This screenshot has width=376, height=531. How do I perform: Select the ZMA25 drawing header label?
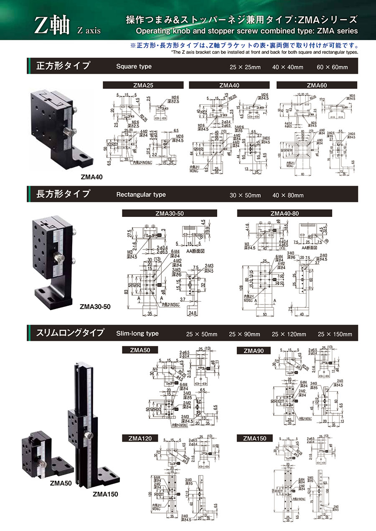(143, 85)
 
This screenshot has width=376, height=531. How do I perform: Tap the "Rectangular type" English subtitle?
(141, 194)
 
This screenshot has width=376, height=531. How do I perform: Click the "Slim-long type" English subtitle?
(137, 333)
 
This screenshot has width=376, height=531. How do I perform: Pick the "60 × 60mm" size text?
(332, 67)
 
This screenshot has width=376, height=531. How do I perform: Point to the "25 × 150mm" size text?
(335, 334)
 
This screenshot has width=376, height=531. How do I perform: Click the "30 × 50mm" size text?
(245, 195)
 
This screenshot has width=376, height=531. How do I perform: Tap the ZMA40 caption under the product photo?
(91, 177)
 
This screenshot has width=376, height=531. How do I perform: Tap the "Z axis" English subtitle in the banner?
(89, 31)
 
